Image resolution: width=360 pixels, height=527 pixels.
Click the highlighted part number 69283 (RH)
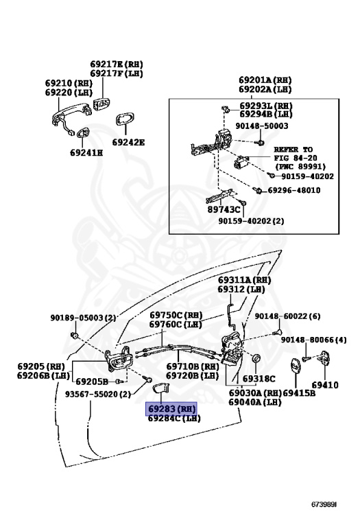[x=171, y=408]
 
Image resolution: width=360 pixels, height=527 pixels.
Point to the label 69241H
[x=86, y=153]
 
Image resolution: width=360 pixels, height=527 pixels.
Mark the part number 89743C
[x=224, y=209]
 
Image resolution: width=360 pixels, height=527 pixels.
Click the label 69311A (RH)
[x=245, y=281]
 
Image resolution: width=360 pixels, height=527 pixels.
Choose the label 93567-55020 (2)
[x=98, y=394]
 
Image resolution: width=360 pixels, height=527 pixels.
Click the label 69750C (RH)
[x=176, y=315]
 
